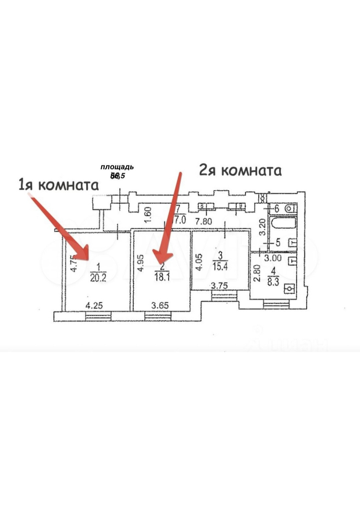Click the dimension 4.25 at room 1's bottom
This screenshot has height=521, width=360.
94,305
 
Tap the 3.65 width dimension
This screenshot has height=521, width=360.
160,305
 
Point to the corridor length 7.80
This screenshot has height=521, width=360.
203,221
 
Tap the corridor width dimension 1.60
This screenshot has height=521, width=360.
148,215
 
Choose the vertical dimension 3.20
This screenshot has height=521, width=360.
262,227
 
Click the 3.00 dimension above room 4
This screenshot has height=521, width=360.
273,258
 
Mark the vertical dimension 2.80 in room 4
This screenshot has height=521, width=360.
256,273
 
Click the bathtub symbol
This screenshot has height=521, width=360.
283,223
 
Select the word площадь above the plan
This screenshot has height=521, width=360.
117,167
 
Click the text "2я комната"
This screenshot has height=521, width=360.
240,170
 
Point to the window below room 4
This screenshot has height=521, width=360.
276,304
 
